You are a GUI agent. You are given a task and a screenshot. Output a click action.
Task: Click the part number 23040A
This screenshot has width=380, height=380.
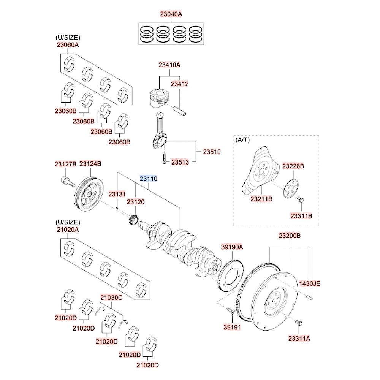171,14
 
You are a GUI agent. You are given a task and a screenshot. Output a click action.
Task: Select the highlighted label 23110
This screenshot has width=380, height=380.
148,179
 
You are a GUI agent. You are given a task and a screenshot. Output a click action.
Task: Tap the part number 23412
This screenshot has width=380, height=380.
179,84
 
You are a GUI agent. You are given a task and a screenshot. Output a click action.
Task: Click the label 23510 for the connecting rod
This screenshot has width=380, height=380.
212,151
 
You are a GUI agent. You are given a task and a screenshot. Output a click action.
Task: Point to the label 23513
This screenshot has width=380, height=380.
180,162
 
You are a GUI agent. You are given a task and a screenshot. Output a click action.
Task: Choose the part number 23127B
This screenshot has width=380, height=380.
65,164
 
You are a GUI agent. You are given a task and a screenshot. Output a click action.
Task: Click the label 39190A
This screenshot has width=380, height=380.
232,247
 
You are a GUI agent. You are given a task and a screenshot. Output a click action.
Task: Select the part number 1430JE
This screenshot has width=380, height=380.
310,283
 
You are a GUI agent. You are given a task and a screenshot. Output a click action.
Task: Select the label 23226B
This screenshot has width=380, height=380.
293,166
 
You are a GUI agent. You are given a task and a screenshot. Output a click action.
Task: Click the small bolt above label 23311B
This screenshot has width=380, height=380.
300,199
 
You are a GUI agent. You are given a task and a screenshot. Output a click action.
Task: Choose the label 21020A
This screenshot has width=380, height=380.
68,230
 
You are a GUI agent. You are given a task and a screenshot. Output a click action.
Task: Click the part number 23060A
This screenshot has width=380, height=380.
68,45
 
